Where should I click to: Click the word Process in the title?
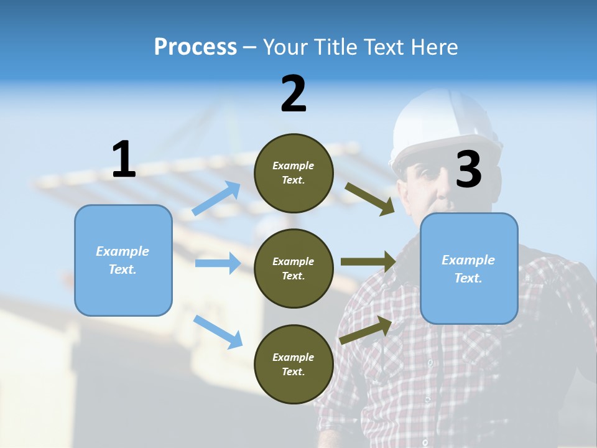[x=195, y=47]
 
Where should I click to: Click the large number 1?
[x=124, y=160]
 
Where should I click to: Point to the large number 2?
[x=294, y=94]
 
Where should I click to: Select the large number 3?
[x=469, y=170]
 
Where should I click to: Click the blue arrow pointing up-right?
[x=216, y=198]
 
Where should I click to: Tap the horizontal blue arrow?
[x=218, y=263]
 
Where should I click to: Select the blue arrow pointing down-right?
[x=218, y=332]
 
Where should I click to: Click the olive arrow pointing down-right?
[x=369, y=198]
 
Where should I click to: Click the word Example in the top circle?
[x=294, y=166]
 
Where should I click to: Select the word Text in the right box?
[x=468, y=278]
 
